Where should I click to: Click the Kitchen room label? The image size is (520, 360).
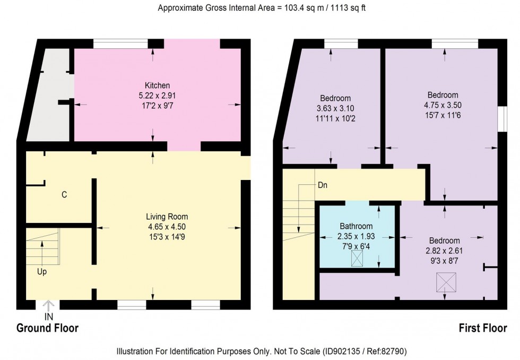tap(157, 85)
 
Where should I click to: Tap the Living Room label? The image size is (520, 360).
tap(168, 217)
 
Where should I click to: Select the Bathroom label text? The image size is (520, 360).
tap(357, 227)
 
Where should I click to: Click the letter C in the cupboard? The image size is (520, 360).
tap(64, 195)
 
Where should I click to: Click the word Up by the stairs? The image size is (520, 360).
tap(42, 271)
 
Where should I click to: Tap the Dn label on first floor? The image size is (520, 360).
tap(323, 186)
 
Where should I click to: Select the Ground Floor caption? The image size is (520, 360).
tap(48, 328)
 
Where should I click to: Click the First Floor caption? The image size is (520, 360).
tap(482, 328)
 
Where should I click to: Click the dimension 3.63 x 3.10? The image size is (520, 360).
tap(335, 108)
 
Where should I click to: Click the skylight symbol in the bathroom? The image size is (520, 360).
tap(358, 260)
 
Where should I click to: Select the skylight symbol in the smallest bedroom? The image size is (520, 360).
tap(445, 282)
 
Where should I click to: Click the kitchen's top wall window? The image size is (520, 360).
tap(120, 44)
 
